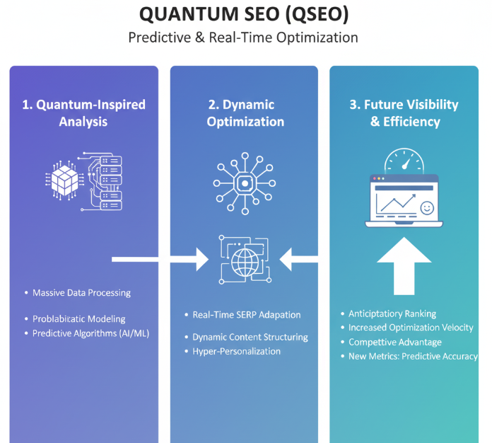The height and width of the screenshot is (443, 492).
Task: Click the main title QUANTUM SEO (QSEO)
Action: [x=243, y=14]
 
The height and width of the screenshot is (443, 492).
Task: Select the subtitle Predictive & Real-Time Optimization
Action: [x=243, y=38]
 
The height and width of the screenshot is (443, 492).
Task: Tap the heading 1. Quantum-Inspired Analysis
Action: [x=83, y=113]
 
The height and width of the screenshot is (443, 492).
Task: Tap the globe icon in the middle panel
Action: [x=245, y=260]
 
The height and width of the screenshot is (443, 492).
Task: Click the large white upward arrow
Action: [x=404, y=263]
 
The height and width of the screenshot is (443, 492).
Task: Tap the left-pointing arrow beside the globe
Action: [x=297, y=260]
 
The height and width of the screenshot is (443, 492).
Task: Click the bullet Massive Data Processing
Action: [x=81, y=293]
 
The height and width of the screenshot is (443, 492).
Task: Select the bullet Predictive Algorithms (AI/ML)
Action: [x=91, y=333]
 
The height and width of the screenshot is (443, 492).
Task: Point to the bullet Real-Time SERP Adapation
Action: [x=247, y=315]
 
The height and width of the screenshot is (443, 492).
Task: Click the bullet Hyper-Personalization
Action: [x=236, y=352]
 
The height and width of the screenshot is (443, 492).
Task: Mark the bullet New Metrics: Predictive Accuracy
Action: [x=413, y=357]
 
